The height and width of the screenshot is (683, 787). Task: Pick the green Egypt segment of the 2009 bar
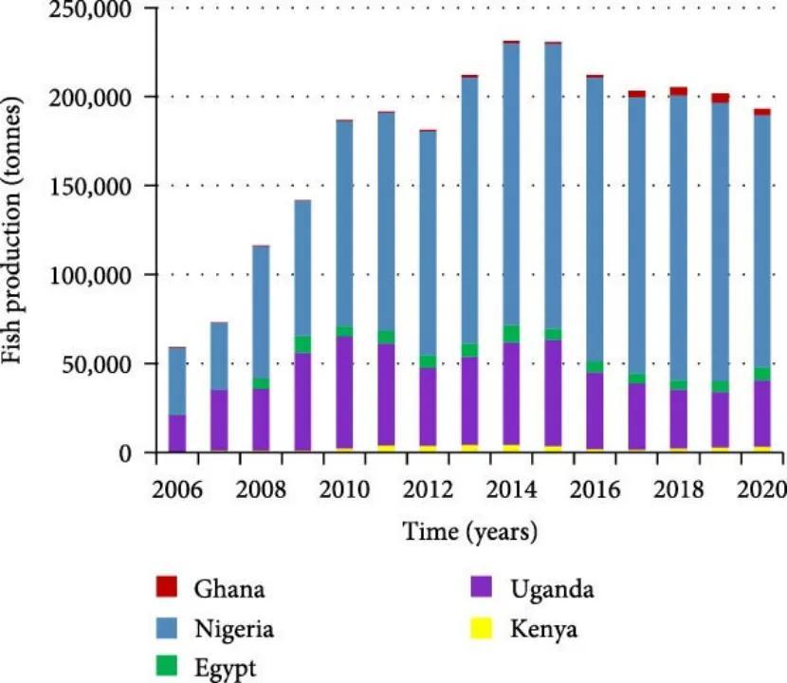click(x=302, y=344)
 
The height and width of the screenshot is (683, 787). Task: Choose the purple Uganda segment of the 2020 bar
click(x=762, y=414)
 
